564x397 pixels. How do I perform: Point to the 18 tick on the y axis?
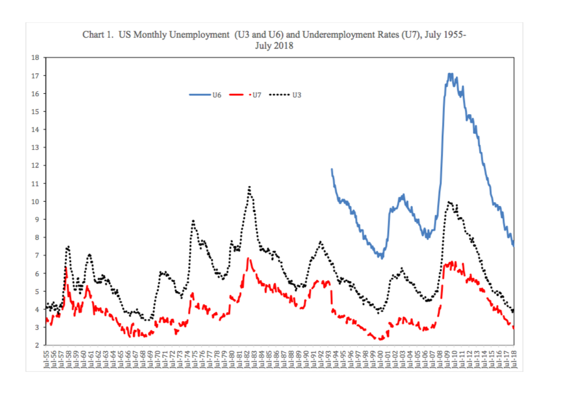click(35, 58)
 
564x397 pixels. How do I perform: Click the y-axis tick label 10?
click(35, 202)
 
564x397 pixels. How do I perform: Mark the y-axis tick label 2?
click(36, 345)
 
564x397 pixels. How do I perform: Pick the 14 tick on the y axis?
click(35, 130)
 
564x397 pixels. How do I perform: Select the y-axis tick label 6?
click(36, 274)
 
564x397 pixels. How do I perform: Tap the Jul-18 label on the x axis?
click(514, 360)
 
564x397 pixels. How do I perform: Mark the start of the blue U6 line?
click(332, 169)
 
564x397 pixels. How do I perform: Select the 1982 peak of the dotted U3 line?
click(250, 186)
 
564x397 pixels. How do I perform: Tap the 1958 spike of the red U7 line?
click(66, 267)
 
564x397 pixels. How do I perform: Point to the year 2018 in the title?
click(284, 46)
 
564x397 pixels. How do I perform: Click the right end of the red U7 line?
click(513, 327)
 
